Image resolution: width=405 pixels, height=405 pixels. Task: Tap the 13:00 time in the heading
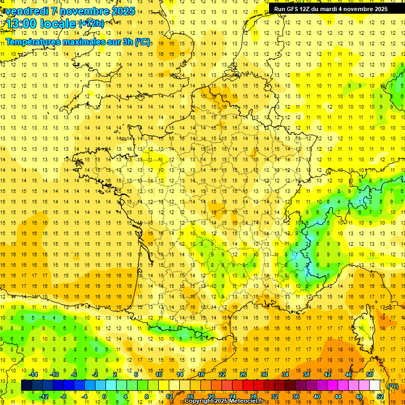coord(22,23)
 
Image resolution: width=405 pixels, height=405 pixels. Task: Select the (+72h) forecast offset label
coord(91,23)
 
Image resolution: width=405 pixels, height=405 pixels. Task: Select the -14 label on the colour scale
coord(34,375)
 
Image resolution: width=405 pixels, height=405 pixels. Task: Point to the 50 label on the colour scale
coord(369,375)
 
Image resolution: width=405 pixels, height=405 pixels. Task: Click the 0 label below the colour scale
coord(104,397)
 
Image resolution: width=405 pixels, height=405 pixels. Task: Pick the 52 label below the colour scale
coord(380,397)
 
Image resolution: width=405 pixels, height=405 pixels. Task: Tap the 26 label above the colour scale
coord(243,375)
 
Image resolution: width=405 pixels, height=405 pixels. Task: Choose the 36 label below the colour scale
coord(295,397)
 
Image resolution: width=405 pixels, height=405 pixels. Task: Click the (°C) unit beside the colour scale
coord(393,386)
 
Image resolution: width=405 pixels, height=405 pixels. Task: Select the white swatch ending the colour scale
coord(374,385)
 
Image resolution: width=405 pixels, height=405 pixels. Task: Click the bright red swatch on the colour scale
coord(248,385)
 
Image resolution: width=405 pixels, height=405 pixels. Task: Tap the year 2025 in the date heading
coord(122,11)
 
